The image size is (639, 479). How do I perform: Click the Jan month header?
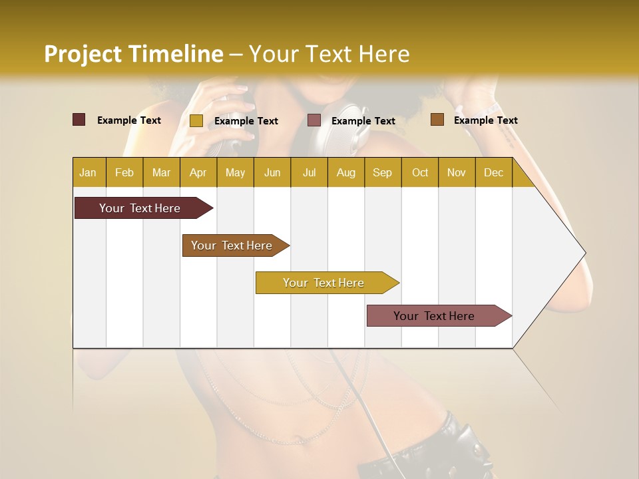tap(88, 173)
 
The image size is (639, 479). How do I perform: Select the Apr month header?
tap(198, 173)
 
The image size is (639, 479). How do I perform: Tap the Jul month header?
tap(309, 173)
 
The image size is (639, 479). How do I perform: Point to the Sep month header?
tap(382, 173)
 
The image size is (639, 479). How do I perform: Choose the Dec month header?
tap(493, 173)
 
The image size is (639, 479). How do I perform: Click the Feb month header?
tap(124, 173)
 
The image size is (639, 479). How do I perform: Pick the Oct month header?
tap(420, 173)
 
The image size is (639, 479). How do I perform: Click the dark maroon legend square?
tap(79, 120)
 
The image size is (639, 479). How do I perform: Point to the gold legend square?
tap(196, 120)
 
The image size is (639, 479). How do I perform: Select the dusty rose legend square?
tap(314, 120)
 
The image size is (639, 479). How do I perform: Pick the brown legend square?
tap(437, 120)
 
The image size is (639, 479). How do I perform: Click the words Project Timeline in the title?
tap(134, 54)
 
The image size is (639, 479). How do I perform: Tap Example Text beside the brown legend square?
tap(486, 120)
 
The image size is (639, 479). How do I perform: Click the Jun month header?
tap(272, 173)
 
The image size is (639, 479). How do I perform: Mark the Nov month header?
tap(457, 173)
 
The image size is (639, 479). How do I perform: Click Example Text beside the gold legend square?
tap(246, 121)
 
